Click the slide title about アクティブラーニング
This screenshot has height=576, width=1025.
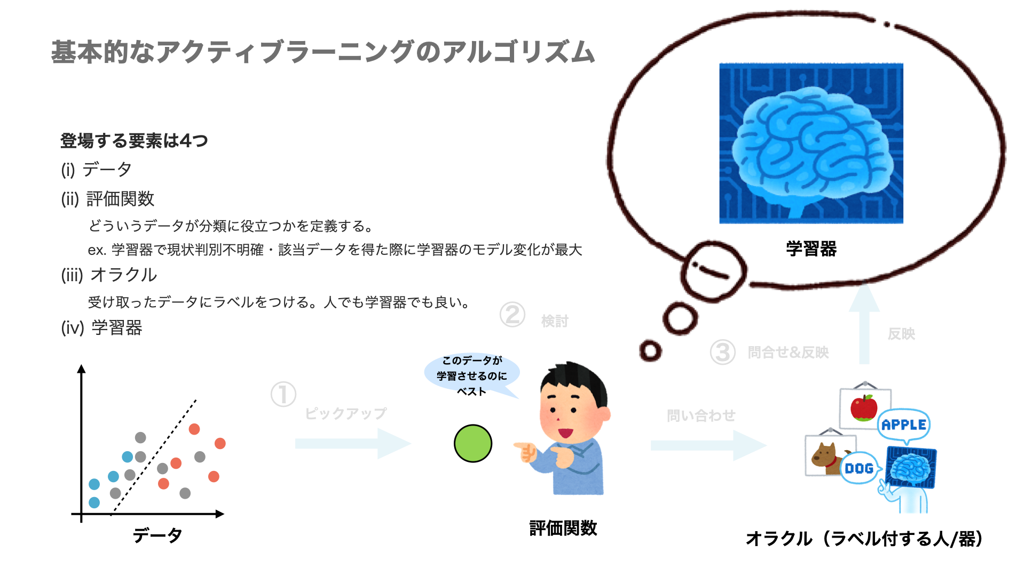[x=322, y=52]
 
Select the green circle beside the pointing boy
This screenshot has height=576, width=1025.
[x=472, y=443]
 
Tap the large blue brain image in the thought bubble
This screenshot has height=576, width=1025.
[x=811, y=143]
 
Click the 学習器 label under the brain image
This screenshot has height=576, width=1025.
[x=811, y=249]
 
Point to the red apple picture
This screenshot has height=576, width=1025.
[x=863, y=408]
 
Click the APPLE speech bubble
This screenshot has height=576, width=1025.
[x=903, y=425]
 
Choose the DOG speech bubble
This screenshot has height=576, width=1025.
[x=858, y=468]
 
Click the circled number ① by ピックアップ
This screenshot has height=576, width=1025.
[x=283, y=395]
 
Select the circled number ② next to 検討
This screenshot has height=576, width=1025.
[x=512, y=315]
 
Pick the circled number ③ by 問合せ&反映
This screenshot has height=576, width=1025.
[x=722, y=353]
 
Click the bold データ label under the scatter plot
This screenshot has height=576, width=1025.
[x=157, y=535]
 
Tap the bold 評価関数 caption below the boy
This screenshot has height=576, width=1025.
[x=563, y=528]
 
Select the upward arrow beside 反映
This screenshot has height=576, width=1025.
[x=864, y=325]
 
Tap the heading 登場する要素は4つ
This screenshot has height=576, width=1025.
[x=133, y=141]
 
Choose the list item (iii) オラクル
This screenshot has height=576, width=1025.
[x=109, y=275]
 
